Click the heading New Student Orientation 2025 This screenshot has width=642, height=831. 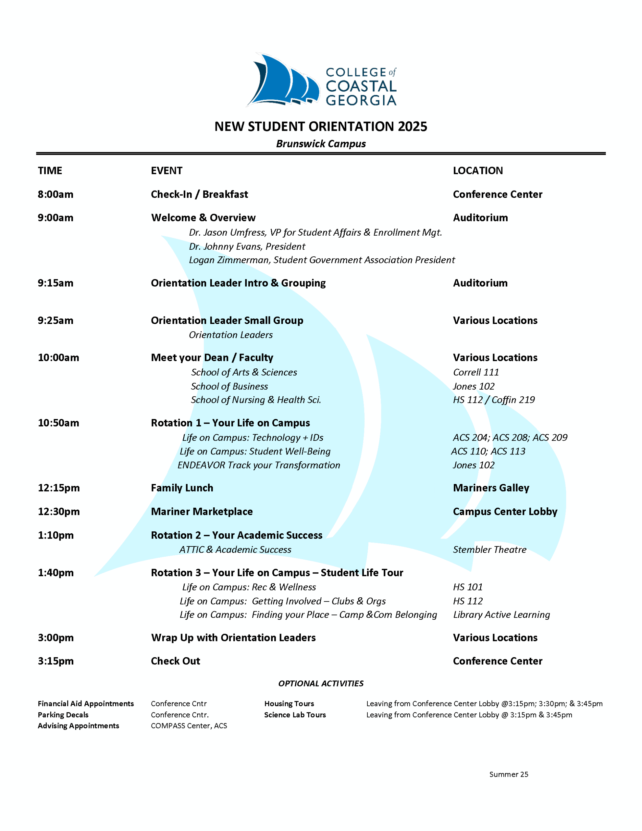click(x=321, y=126)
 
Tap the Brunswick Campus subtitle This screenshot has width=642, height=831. click(x=321, y=144)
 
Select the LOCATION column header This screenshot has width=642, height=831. click(x=477, y=170)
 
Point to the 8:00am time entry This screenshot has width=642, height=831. click(x=56, y=194)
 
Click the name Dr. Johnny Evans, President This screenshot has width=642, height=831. click(x=247, y=247)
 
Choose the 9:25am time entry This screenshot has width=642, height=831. click(x=56, y=320)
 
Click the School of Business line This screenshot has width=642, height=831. click(x=229, y=386)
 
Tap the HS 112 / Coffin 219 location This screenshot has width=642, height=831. click(x=494, y=400)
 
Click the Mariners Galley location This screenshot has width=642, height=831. click(x=491, y=488)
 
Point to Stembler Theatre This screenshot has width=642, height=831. click(x=489, y=550)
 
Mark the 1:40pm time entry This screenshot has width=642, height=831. click(x=56, y=573)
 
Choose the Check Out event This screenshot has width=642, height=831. click(x=176, y=661)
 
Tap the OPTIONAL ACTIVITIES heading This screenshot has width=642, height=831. click(x=321, y=683)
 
